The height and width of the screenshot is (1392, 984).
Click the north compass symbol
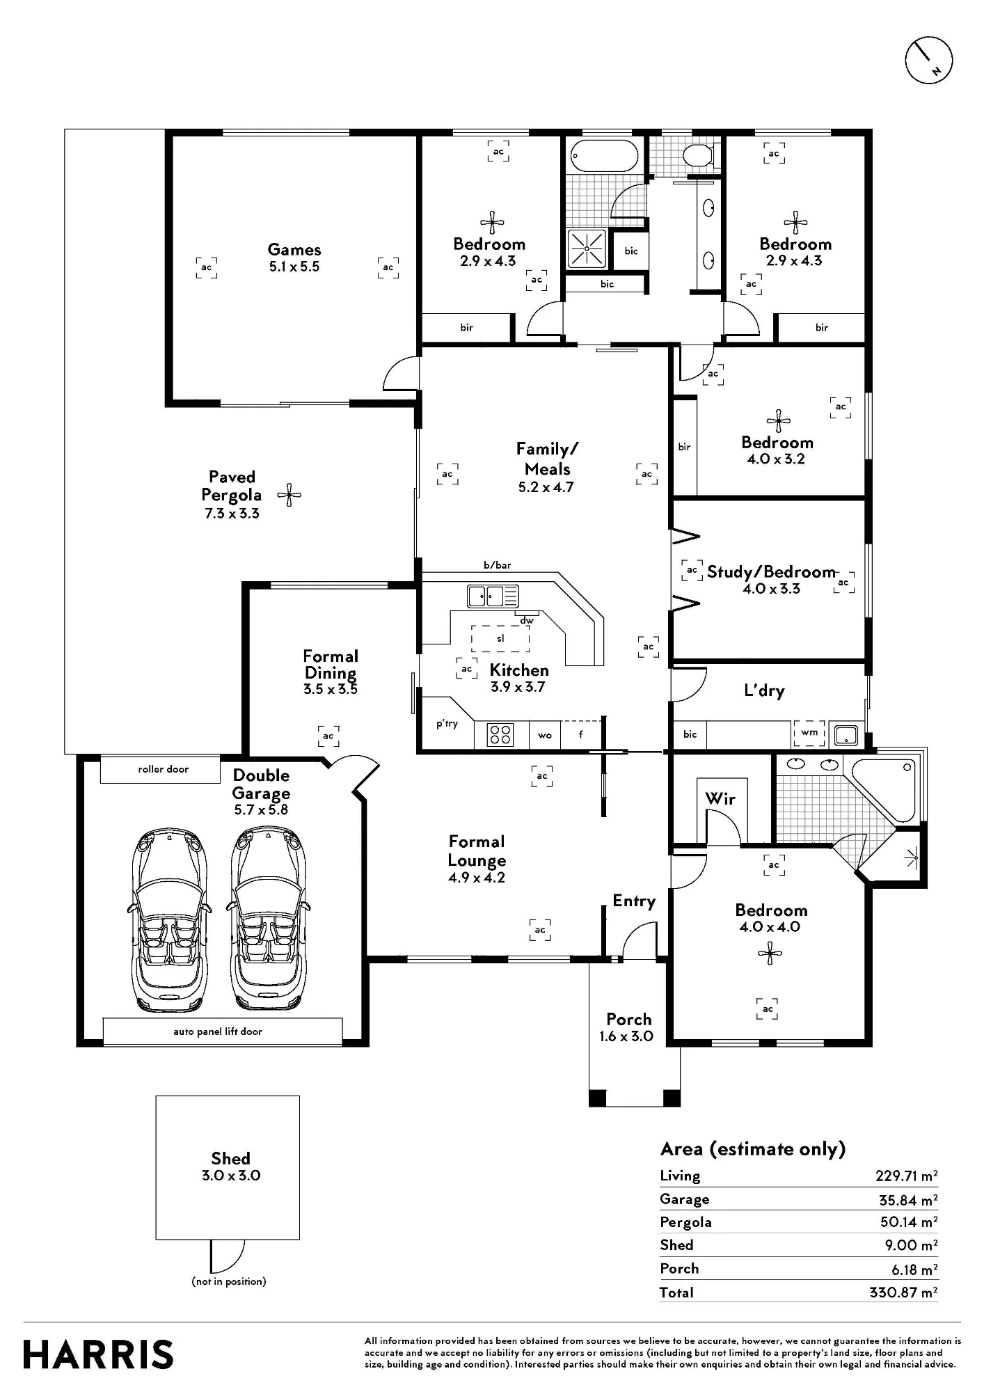click(928, 61)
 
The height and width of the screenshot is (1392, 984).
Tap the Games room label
click(294, 249)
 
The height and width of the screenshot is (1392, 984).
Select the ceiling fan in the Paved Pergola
click(289, 496)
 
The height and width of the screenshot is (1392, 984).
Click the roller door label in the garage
click(163, 769)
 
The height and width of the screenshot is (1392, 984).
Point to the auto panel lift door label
click(218, 1031)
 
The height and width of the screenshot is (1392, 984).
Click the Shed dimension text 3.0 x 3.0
click(231, 1176)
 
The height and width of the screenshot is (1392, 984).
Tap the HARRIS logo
click(98, 1354)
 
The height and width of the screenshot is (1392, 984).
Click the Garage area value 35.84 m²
click(908, 1200)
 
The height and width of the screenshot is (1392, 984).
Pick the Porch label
click(629, 1019)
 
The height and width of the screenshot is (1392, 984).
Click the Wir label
click(720, 798)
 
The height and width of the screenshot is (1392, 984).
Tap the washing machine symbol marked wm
click(809, 733)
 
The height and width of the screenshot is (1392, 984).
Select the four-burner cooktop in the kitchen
click(500, 735)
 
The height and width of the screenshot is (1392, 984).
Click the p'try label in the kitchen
click(447, 724)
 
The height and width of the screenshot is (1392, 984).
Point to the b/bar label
click(498, 565)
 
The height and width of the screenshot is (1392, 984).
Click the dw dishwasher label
click(527, 620)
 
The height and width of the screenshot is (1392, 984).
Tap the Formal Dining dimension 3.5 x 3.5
click(331, 689)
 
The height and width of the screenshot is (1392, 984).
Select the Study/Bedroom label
click(771, 572)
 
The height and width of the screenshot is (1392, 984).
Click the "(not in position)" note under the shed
click(229, 1281)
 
